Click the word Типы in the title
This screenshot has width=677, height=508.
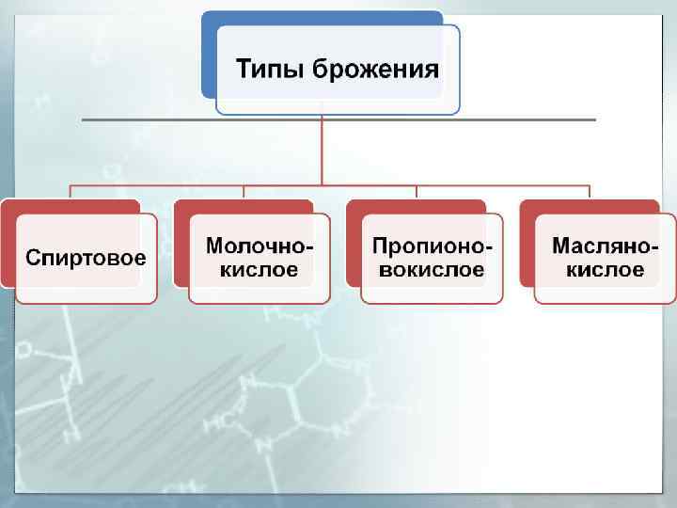point(269,70)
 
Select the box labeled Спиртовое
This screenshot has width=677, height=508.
point(86,258)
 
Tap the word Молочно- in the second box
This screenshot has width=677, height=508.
point(260,246)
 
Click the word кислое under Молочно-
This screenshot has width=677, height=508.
point(260,270)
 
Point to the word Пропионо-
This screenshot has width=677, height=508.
point(432,246)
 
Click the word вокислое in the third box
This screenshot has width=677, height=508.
point(432,270)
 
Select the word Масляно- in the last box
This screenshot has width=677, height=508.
point(605,246)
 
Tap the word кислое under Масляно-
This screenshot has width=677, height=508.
point(605,270)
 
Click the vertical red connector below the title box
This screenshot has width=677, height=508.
point(322,151)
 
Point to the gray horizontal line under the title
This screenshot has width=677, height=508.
point(141,120)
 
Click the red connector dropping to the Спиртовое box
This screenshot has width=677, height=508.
point(71,192)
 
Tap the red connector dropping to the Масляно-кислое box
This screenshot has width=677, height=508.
point(590,192)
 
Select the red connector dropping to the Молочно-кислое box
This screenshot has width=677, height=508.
point(244,192)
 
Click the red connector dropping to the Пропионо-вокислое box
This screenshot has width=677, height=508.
point(417,192)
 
